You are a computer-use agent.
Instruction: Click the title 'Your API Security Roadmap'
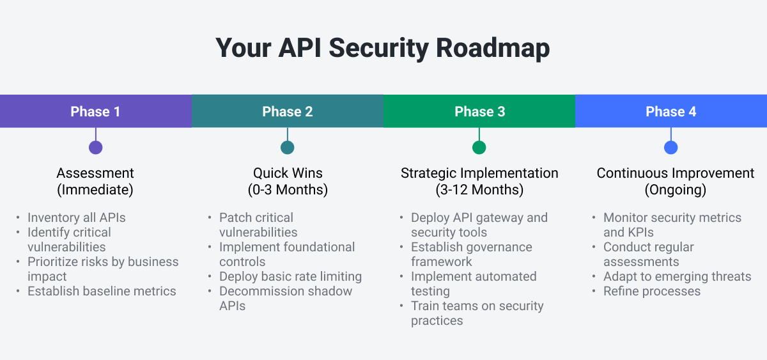click(x=383, y=48)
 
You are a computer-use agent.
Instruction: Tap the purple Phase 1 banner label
click(x=95, y=111)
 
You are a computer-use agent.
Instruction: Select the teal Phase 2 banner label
click(x=287, y=111)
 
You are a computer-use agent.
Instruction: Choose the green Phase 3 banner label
click(x=479, y=111)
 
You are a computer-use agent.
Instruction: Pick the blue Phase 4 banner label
click(x=670, y=111)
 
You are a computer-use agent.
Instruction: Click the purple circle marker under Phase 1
click(x=95, y=148)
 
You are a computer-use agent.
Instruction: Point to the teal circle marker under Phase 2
click(x=287, y=148)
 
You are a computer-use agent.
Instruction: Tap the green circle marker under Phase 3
click(x=479, y=148)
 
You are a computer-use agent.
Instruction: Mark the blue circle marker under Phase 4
click(x=670, y=148)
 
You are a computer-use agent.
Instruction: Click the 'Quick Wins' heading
click(x=287, y=173)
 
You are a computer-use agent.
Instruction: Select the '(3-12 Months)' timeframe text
click(x=479, y=190)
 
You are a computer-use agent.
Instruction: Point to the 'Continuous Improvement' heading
click(x=675, y=173)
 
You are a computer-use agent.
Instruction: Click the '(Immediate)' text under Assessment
click(x=95, y=190)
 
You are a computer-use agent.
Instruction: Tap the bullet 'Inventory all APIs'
click(x=77, y=217)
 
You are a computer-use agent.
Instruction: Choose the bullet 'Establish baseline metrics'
click(x=102, y=291)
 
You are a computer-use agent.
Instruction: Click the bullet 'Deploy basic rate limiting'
click(x=290, y=276)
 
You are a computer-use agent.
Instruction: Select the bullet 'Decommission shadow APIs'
click(x=285, y=298)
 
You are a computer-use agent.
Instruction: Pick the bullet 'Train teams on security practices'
click(x=477, y=313)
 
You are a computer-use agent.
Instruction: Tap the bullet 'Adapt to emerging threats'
click(x=677, y=276)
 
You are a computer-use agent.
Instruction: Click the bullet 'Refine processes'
click(x=651, y=291)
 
